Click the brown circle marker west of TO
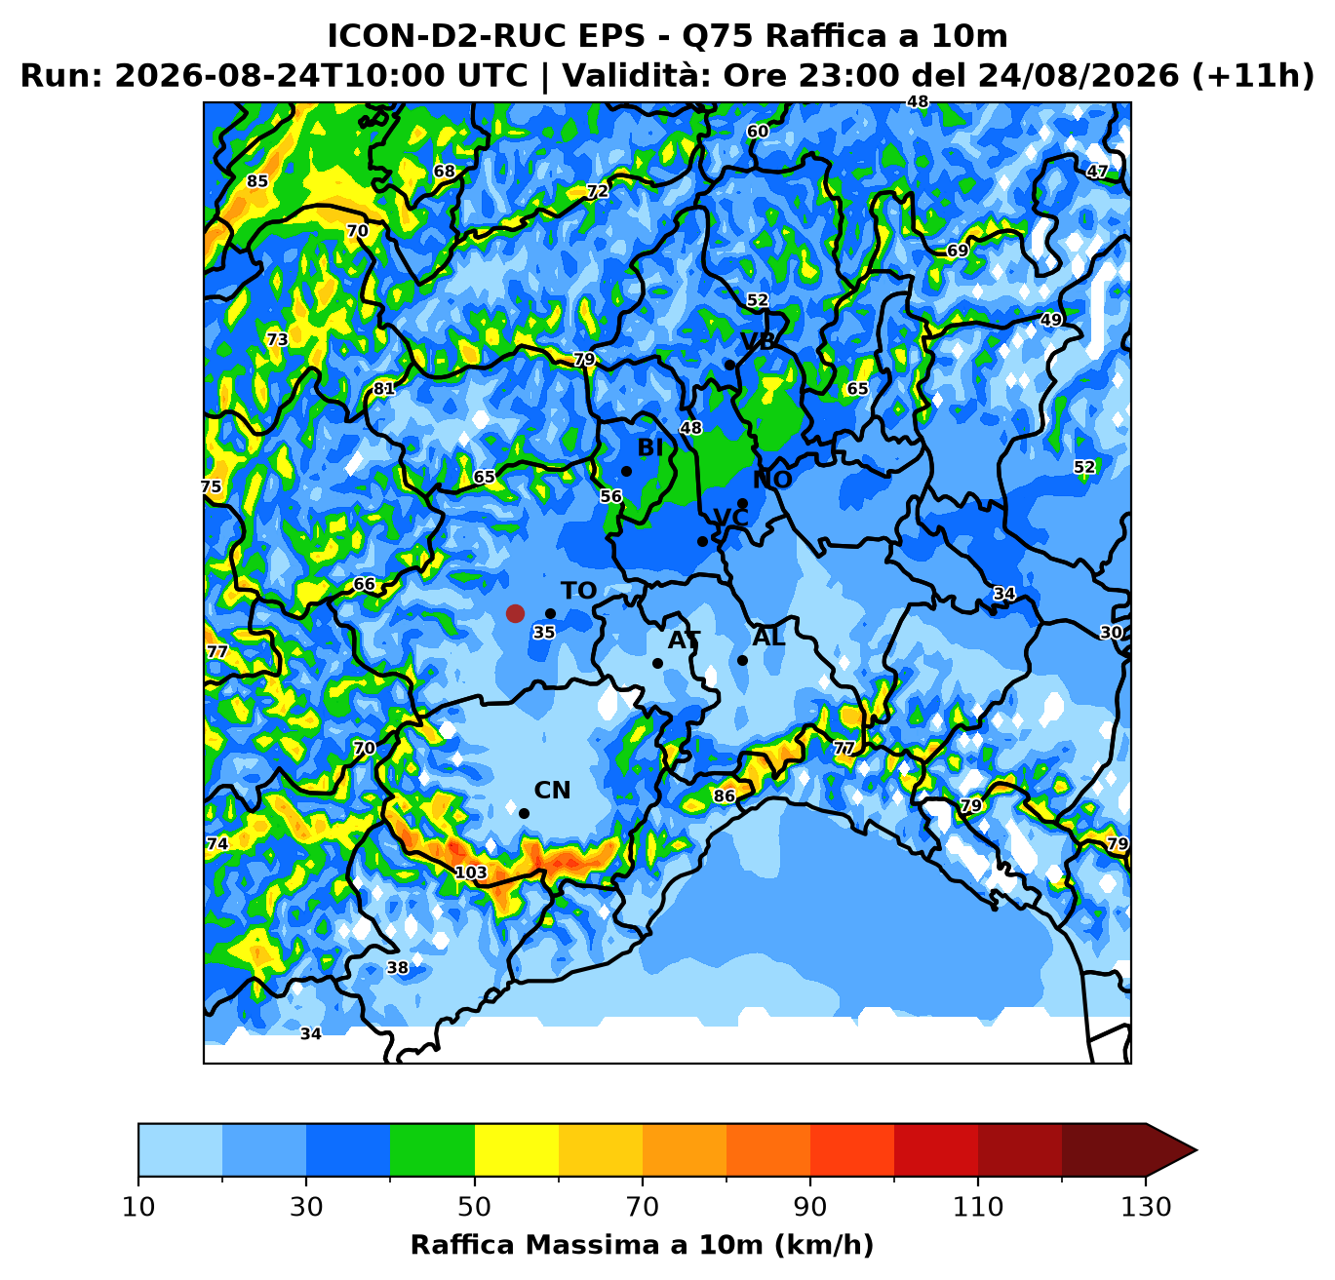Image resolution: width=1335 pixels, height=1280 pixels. tap(515, 613)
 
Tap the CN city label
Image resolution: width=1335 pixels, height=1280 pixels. tap(552, 791)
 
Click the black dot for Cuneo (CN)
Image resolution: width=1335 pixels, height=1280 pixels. tap(524, 814)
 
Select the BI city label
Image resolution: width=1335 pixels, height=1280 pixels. tap(650, 447)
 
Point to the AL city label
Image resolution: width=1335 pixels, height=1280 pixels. tap(768, 638)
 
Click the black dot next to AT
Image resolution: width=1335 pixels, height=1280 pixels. tap(657, 663)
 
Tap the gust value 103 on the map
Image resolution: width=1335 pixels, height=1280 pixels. tap(471, 873)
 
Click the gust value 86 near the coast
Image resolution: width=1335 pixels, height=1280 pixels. tap(725, 795)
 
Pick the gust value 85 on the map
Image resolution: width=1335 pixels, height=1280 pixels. tap(257, 181)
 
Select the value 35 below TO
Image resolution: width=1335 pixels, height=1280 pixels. tap(544, 632)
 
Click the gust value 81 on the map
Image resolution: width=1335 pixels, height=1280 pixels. tap(384, 389)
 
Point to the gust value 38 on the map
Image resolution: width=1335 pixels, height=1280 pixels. tap(398, 967)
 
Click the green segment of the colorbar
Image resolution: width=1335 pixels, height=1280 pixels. tap(432, 1149)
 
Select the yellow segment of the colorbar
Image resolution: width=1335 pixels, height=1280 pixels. tap(517, 1149)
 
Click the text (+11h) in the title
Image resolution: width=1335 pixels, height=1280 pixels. tap(1253, 75)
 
